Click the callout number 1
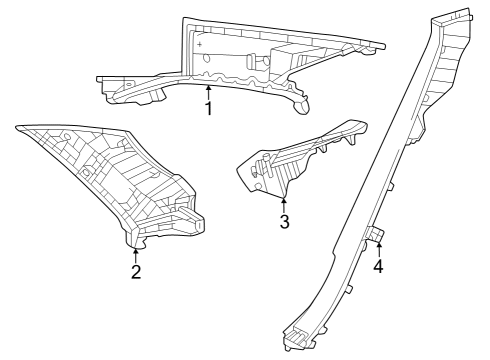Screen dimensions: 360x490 coord(208,109)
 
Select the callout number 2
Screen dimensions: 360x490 coord(136,272)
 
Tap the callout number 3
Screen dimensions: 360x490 coord(284,222)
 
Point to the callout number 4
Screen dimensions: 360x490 coord(378,267)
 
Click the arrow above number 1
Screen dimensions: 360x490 coord(208,92)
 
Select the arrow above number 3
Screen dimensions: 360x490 coord(284,204)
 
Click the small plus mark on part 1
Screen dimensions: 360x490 coord(200,45)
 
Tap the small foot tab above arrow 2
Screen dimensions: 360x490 coord(137,238)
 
